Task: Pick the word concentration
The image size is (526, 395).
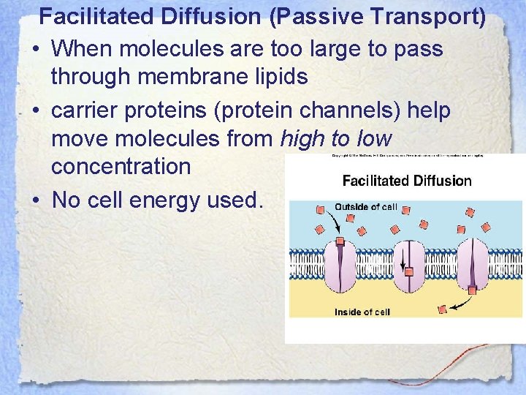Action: click(121, 165)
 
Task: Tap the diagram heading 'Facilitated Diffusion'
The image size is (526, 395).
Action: click(407, 181)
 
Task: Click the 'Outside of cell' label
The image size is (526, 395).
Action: click(365, 207)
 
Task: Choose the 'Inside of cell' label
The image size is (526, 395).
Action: click(362, 312)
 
